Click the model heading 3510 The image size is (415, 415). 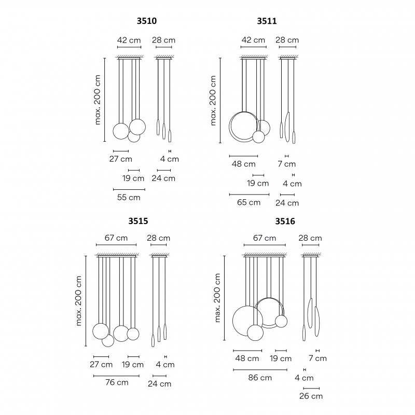coord(147,21)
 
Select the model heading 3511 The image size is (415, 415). coord(267,21)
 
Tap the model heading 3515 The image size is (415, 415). coord(138,221)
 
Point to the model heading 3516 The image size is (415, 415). coord(285,222)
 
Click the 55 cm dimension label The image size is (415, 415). coord(129,198)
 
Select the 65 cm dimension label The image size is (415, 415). coord(249,202)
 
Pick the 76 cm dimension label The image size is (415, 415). coord(117,382)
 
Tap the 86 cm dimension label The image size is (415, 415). coord(260,378)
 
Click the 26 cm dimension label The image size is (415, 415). coord(311,396)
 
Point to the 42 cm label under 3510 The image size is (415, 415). coord(129,40)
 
